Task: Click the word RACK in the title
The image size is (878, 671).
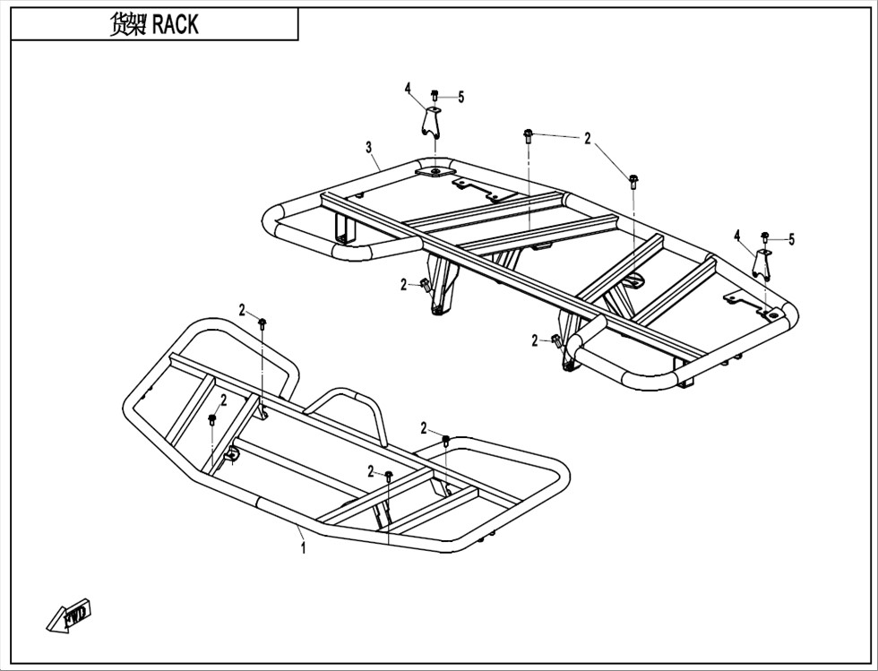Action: pyautogui.click(x=176, y=25)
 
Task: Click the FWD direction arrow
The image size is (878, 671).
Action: pyautogui.click(x=68, y=616)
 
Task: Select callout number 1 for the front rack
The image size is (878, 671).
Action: pyautogui.click(x=303, y=547)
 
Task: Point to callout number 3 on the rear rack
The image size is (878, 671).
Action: pyautogui.click(x=368, y=147)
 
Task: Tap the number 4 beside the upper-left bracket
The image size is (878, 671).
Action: pyautogui.click(x=408, y=88)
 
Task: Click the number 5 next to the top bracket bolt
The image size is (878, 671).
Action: pyautogui.click(x=461, y=98)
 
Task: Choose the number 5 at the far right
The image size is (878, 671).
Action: pyautogui.click(x=791, y=240)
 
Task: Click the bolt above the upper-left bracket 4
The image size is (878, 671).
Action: pyautogui.click(x=435, y=96)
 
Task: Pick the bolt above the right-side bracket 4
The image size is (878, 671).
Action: pyautogui.click(x=765, y=237)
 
